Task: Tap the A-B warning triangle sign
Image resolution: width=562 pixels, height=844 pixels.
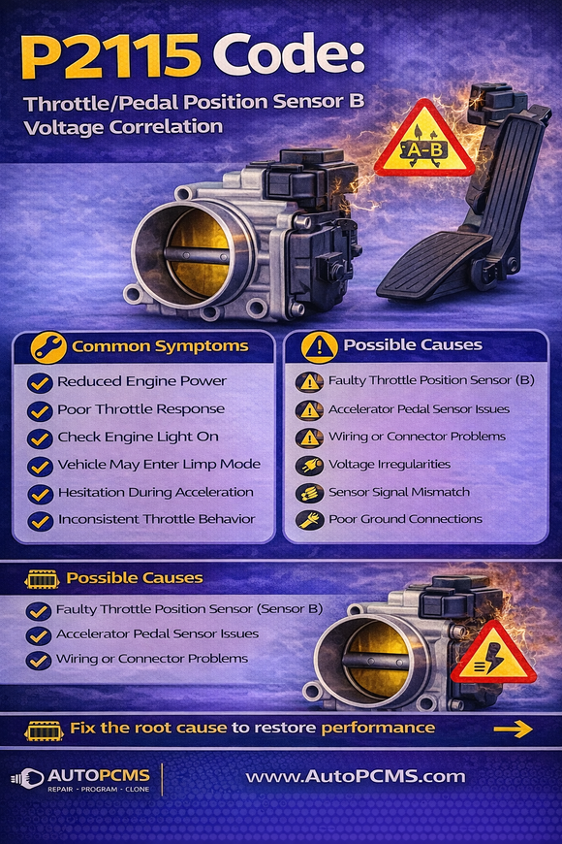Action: click(x=424, y=142)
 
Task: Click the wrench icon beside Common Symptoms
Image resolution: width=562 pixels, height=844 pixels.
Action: click(x=48, y=347)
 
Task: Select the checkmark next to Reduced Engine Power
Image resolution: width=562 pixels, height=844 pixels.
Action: click(x=40, y=383)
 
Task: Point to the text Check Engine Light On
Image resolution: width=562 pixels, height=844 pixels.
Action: click(x=139, y=438)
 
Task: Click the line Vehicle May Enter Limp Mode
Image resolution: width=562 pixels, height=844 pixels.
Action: click(x=159, y=465)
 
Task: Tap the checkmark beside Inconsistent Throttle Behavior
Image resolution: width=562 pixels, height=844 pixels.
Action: click(x=40, y=521)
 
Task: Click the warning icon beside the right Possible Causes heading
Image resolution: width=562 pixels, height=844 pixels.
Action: click(x=320, y=346)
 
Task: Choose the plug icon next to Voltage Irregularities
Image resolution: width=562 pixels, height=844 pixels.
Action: click(x=309, y=465)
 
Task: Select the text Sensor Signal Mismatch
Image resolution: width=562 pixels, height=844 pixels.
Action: click(x=399, y=493)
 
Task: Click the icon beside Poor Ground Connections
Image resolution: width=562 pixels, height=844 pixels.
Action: click(x=309, y=520)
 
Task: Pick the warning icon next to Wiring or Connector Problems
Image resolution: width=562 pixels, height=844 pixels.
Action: click(x=309, y=438)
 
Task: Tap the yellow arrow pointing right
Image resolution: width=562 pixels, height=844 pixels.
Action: click(x=513, y=730)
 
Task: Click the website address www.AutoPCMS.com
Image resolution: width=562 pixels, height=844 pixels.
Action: click(x=356, y=776)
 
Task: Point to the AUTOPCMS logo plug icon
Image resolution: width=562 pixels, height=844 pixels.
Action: click(x=27, y=778)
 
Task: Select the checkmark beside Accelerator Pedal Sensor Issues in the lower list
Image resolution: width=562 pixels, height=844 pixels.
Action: click(x=39, y=635)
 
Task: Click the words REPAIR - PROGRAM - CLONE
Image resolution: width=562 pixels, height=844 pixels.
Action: click(x=99, y=790)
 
